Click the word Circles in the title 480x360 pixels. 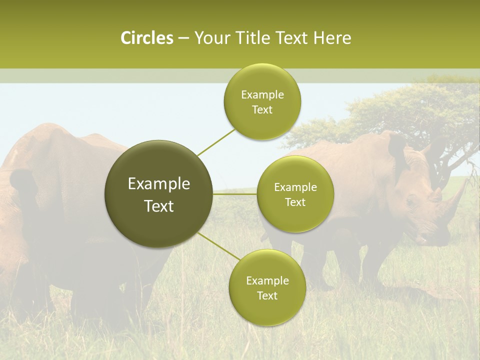coord(146,38)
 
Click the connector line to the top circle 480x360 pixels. coord(216,141)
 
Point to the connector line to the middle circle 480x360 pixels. coord(235,194)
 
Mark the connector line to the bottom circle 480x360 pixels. coord(219,246)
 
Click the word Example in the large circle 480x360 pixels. coord(158,184)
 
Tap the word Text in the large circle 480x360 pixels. coord(158,206)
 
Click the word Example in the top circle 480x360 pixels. coord(262,95)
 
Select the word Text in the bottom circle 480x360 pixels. coord(267,295)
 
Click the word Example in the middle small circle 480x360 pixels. coord(295,187)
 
